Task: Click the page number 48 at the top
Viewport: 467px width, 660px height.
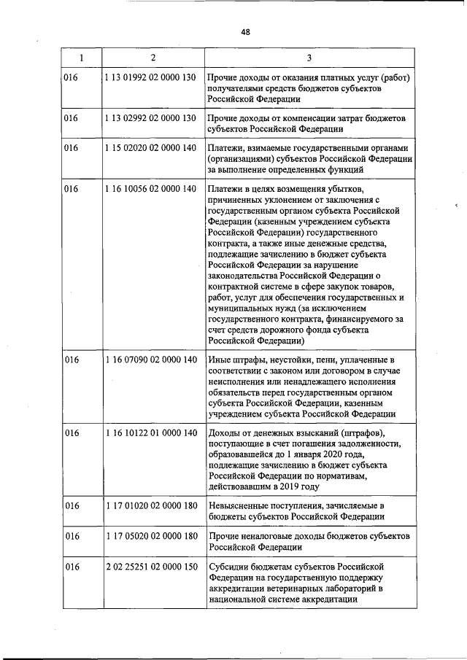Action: pos(245,31)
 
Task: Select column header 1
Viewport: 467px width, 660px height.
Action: pos(81,57)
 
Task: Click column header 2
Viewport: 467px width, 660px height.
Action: pos(153,57)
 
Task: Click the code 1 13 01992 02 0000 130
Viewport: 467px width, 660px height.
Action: pos(151,78)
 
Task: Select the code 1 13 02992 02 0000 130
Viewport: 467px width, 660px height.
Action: pos(151,117)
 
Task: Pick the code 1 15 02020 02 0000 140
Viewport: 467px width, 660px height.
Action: pos(151,148)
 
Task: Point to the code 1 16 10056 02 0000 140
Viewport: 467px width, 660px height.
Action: pos(151,189)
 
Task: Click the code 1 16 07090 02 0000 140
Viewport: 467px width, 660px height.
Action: pos(151,360)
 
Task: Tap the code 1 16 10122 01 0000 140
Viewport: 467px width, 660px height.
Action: pos(151,433)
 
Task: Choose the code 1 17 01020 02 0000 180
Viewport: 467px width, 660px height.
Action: pos(151,505)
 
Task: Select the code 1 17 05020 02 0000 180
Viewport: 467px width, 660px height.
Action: pos(151,536)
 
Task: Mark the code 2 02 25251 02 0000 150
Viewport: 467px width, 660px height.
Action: pos(151,567)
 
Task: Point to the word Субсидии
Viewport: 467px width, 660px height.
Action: pos(228,567)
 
